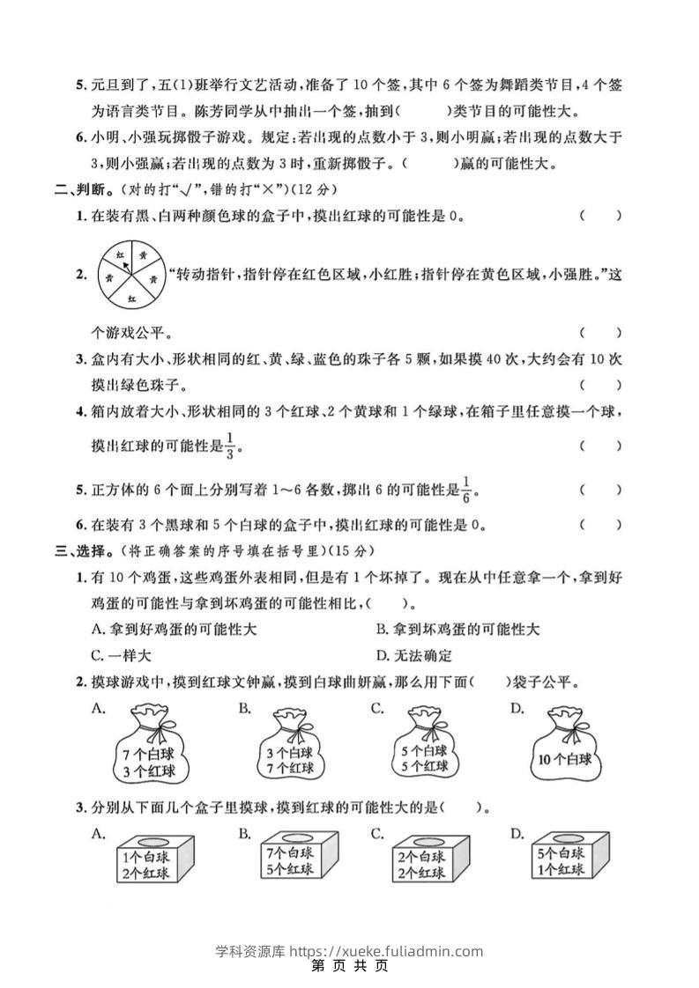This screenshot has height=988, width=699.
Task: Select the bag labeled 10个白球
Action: pos(563,749)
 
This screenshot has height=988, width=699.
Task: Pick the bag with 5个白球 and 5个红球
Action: pos(422,748)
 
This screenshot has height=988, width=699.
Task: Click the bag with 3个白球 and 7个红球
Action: pos(287,748)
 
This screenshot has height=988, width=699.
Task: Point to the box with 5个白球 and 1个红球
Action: pos(561,859)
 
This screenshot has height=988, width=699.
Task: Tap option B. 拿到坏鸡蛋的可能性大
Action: pos(457,630)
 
